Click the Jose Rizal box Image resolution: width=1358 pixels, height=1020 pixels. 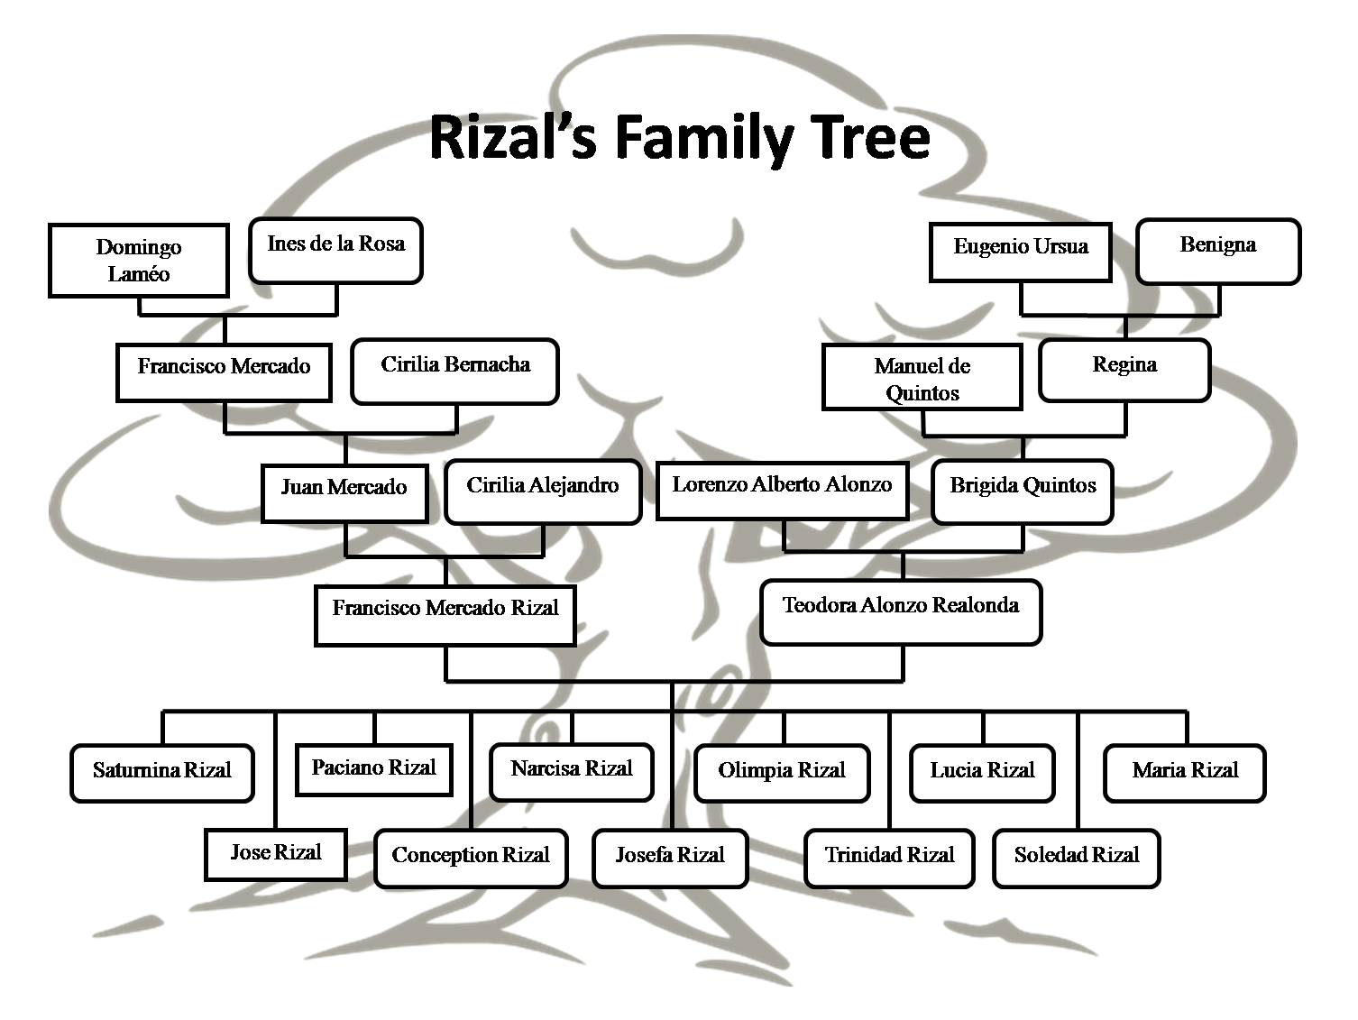276,854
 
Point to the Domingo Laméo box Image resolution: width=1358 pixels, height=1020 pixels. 139,261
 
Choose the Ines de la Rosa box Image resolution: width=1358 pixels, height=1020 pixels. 335,251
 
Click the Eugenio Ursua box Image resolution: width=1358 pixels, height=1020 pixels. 1021,253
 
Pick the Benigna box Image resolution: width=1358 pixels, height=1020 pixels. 1218,252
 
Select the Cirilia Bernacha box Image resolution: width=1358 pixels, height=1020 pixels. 455,372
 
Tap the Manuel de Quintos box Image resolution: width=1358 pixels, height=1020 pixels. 922,377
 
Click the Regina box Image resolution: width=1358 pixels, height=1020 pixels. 1124,371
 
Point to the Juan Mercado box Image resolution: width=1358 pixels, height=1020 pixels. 344,492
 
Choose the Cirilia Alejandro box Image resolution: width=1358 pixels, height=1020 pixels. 543,492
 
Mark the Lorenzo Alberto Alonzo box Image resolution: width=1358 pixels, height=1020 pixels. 782,490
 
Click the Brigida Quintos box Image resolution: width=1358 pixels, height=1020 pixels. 1023,492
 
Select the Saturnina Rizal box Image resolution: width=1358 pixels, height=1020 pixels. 162,773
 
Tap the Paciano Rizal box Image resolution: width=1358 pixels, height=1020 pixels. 374,770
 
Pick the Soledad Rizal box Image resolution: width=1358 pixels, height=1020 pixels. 1077,859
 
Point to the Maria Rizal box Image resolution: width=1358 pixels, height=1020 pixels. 1185,773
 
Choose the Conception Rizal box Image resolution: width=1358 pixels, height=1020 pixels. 471,859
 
